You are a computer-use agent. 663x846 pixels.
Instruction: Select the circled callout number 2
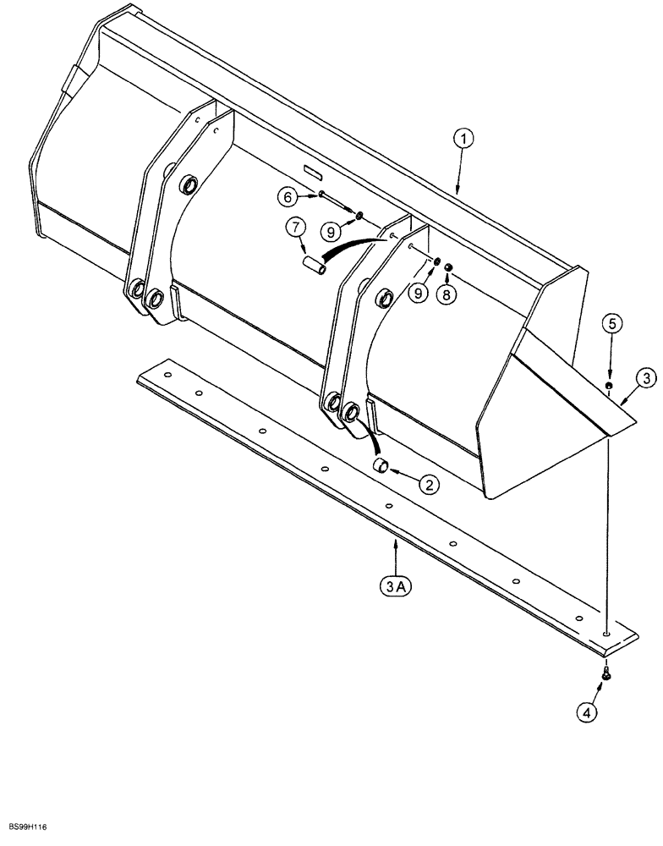tap(429, 485)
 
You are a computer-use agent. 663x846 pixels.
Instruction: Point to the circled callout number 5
tap(615, 321)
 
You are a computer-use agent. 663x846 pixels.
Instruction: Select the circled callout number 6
tap(288, 196)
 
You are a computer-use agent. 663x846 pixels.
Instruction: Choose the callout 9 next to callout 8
tap(418, 293)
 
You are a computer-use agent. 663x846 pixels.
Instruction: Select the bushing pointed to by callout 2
tap(382, 465)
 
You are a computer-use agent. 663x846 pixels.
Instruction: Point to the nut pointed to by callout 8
tap(449, 269)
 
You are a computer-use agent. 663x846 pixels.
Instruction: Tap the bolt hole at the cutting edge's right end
tap(607, 632)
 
